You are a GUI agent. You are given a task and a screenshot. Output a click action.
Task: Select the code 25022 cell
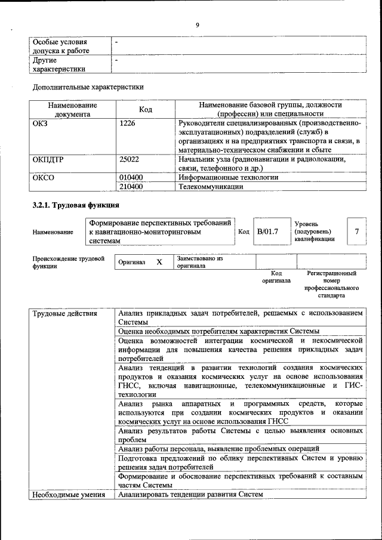point(129,159)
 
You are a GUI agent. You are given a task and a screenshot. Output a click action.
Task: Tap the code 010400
point(131,178)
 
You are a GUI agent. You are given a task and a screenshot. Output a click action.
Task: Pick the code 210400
point(131,187)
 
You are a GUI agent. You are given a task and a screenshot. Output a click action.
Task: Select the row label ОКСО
point(43,178)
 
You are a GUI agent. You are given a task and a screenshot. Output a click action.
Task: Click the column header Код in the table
point(146,109)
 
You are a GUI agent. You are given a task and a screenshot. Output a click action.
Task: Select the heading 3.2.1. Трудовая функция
point(70,206)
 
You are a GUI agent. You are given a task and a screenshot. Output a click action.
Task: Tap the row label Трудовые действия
point(61,313)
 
